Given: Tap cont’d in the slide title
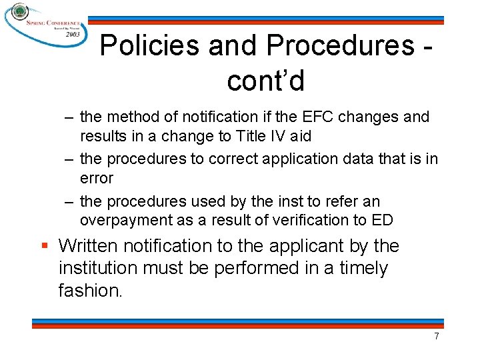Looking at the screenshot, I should pyautogui.click(x=265, y=81).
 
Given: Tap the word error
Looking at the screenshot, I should pyautogui.click(x=97, y=178).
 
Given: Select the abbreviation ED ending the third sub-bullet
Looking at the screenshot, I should pyautogui.click(x=383, y=220).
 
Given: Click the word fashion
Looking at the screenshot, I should pyautogui.click(x=90, y=291).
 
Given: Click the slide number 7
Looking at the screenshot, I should pyautogui.click(x=437, y=336).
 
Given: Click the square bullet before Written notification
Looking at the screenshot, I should pyautogui.click(x=45, y=246).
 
